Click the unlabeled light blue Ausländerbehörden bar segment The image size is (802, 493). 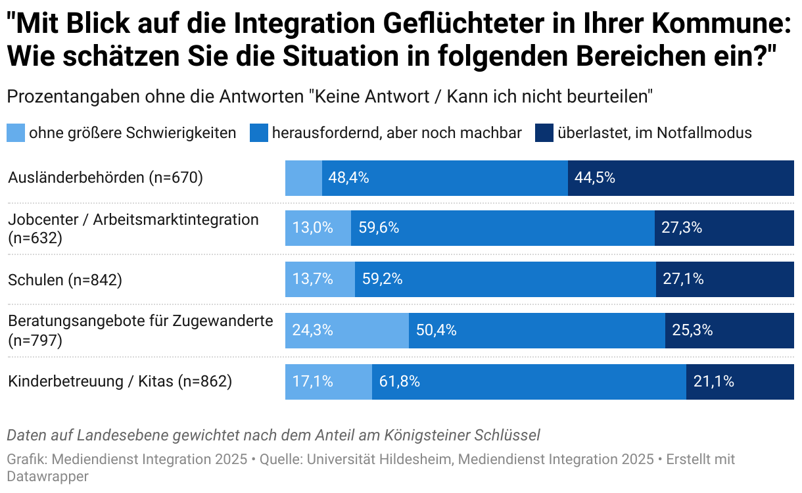coord(303,177)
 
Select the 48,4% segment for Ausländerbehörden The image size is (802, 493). coord(444,177)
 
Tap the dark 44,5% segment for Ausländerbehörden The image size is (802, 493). coord(680,177)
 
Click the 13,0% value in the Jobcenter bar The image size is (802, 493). coord(313,228)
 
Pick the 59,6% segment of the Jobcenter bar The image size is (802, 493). coord(502,228)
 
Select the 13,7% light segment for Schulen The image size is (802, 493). coord(313,279)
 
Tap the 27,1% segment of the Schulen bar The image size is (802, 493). coord(724,279)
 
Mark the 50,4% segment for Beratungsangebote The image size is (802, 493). coord(536,330)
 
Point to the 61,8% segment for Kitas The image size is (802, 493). coord(529,381)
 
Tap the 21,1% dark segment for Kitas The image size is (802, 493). coord(740,381)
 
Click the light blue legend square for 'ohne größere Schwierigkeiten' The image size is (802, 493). coord(16,133)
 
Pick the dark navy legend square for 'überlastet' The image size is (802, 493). coord(544,133)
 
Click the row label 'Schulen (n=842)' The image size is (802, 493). coord(65,279)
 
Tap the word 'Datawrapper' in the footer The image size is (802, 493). coord(47,476)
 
